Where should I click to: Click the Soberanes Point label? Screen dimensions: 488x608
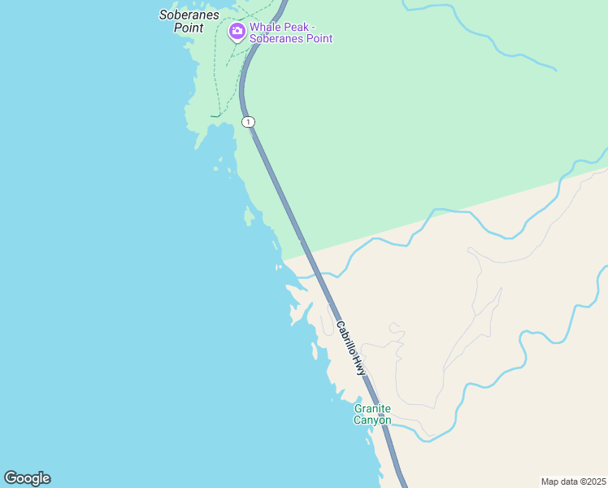coord(187,20)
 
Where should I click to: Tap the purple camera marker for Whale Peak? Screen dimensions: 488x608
coord(237,32)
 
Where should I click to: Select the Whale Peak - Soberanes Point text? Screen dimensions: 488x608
coord(290,33)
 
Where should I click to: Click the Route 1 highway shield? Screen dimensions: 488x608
coord(248,122)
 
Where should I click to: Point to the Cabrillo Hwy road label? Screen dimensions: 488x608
coord(352,346)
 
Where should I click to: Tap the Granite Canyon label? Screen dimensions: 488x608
coord(372,414)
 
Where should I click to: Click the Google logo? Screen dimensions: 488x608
coord(27,478)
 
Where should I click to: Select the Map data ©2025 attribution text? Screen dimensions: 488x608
coord(573,481)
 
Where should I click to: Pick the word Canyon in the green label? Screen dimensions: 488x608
coord(372,420)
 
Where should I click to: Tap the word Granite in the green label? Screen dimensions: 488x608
coord(372,408)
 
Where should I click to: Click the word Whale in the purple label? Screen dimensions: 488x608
coord(264,27)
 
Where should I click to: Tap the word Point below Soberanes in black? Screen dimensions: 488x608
coord(187,27)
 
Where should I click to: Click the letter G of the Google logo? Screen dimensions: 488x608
coord(11,478)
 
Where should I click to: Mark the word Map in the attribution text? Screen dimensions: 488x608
coord(550,481)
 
